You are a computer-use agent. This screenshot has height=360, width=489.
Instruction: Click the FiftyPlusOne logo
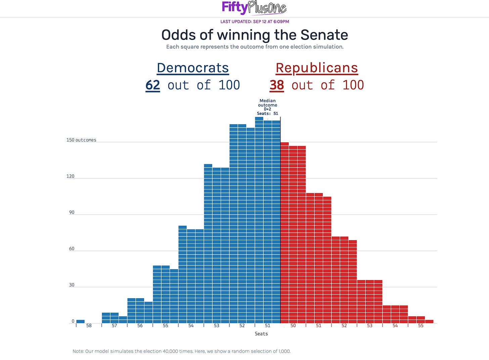point(254,8)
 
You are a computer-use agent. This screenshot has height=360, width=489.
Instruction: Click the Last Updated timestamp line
point(255,21)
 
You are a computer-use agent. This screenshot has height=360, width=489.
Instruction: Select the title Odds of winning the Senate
point(255,35)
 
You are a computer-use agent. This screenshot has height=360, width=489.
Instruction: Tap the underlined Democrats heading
point(193,68)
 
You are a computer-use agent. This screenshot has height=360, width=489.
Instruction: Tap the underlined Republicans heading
point(317,68)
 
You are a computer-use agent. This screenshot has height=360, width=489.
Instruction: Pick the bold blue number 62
point(152,85)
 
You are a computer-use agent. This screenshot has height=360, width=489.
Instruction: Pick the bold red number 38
point(277,85)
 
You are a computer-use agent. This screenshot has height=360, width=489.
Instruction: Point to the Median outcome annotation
point(267,107)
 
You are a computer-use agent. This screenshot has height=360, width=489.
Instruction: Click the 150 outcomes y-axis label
point(81,140)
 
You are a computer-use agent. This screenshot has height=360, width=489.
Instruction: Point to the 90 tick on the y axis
point(72,213)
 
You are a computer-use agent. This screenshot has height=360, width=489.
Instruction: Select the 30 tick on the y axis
point(72,285)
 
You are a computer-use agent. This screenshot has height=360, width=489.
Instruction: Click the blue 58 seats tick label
point(89,325)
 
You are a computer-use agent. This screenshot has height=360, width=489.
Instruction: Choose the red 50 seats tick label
point(293,325)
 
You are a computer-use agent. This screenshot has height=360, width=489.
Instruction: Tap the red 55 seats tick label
point(421,325)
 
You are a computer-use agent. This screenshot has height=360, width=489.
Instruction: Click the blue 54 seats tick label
point(191,325)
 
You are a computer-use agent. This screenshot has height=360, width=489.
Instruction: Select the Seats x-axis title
point(261,333)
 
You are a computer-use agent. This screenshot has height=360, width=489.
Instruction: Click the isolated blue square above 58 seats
point(80,321)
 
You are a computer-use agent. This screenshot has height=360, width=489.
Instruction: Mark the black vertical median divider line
point(280,220)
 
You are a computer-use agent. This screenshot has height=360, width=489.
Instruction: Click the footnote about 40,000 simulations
point(182,351)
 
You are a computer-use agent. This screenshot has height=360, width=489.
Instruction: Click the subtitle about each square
point(255,47)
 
